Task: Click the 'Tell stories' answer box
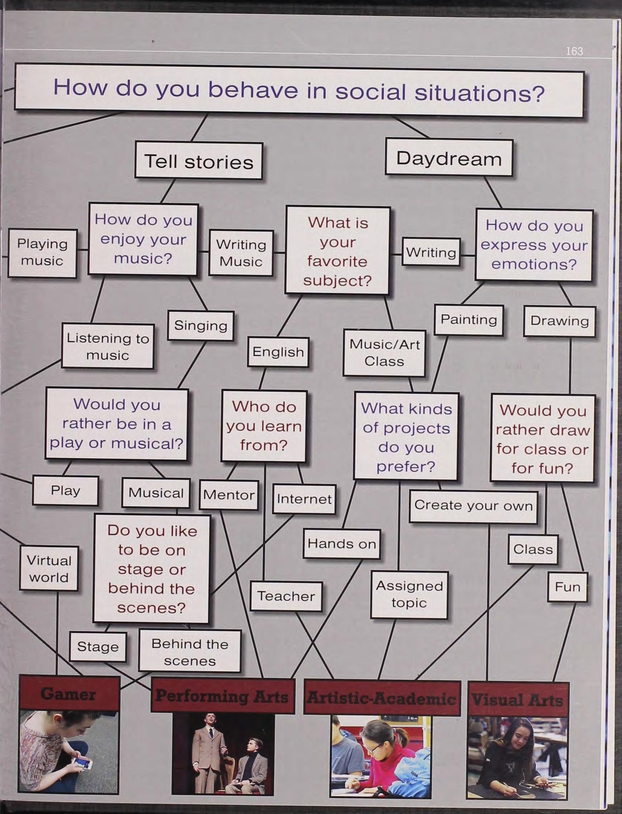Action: tap(199, 162)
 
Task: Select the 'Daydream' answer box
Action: tap(449, 158)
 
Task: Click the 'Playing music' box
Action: tap(42, 253)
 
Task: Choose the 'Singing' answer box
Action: tap(200, 326)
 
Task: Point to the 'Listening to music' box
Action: tap(107, 346)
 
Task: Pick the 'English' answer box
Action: tap(278, 352)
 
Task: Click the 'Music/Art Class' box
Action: tap(384, 353)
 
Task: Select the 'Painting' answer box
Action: tap(468, 320)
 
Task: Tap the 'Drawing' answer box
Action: tap(559, 321)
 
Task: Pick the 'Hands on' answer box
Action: tap(341, 543)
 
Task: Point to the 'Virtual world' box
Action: tap(49, 569)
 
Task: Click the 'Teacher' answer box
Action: tap(286, 596)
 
